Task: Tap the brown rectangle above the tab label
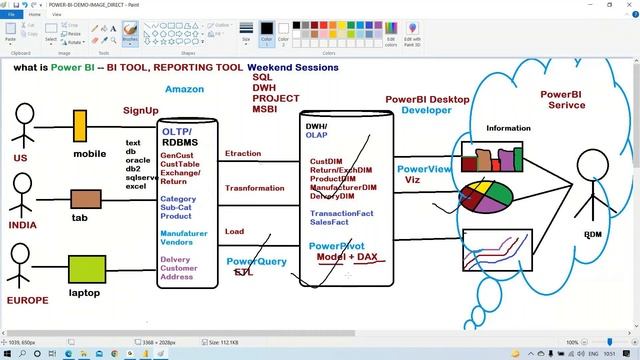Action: pos(86,198)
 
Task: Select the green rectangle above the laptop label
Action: pos(86,269)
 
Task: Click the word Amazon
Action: pos(184,89)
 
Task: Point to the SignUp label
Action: pos(140,110)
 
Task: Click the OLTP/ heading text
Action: pos(177,131)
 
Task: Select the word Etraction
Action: pos(243,154)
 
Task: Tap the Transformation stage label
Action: pos(254,188)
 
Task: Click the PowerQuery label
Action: pos(256,262)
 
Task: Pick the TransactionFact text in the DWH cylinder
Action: pos(342,213)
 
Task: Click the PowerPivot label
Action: pos(336,246)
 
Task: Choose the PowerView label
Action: pos(424,169)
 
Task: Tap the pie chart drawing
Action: pos(486,196)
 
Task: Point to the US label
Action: pos(20,158)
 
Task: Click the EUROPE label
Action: pos(27,299)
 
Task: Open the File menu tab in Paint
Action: pos(12,15)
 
